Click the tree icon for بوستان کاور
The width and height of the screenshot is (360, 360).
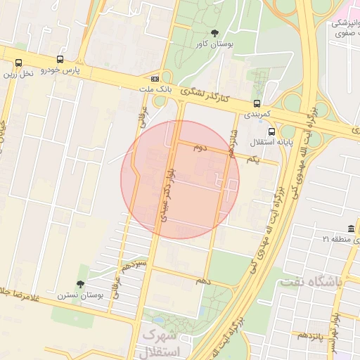click(x=214, y=33)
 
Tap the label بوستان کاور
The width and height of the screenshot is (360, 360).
click(x=214, y=44)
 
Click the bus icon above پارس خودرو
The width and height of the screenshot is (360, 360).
click(x=59, y=60)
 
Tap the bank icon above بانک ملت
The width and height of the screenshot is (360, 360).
click(x=155, y=79)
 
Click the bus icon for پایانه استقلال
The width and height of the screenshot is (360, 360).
click(x=271, y=131)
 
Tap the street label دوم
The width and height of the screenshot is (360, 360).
click(x=200, y=148)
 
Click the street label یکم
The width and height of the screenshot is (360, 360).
click(x=252, y=160)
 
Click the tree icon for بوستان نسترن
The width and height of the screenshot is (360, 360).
click(x=82, y=285)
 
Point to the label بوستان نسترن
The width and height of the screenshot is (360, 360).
click(x=81, y=296)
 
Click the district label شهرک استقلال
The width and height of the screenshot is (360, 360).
click(x=161, y=344)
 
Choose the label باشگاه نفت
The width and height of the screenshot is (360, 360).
click(x=310, y=281)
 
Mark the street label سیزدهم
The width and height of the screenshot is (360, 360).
click(x=133, y=268)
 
